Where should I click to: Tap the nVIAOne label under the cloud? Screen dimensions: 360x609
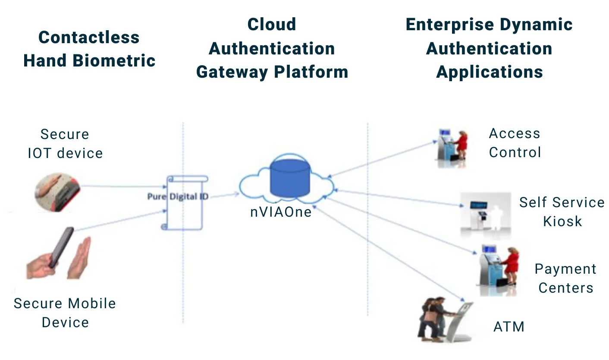pos(281,212)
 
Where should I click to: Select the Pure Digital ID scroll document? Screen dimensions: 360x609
pos(185,202)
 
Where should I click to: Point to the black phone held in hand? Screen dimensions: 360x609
pos(61,247)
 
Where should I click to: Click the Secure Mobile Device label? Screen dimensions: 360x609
pos(65,313)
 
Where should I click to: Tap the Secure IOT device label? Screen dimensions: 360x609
pos(65,143)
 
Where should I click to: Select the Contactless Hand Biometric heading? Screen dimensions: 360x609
pos(89,49)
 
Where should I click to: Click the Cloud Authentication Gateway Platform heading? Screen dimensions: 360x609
pos(272,48)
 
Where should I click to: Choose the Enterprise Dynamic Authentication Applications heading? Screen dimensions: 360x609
pos(489,48)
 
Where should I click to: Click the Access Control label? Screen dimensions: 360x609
pos(515,143)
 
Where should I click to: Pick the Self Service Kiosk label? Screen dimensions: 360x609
pos(562,212)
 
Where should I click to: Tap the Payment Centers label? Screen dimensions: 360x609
pos(565,278)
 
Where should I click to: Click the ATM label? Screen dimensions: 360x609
pos(509,326)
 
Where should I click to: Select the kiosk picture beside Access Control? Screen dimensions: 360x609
pos(451,144)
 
